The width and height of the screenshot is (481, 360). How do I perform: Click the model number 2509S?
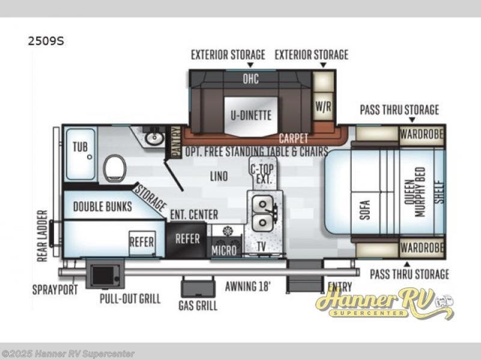pos(46,41)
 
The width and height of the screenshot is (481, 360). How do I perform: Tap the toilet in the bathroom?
pos(115,168)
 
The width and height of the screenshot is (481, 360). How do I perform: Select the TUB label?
pos(80,147)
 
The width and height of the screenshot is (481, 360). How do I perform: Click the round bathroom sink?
pos(154,138)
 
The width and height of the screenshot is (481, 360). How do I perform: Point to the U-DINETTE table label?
pos(251,115)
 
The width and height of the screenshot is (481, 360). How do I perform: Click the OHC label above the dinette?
pos(251,79)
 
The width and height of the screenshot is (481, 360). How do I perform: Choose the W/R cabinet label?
pos(323,107)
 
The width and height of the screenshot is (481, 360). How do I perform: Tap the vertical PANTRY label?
pos(176,142)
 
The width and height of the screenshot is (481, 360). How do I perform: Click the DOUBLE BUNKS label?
pos(103,206)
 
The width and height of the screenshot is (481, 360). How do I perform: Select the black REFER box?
pos(186,239)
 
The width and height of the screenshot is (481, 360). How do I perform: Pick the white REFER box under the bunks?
pos(142,243)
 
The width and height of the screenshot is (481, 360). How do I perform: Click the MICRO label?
pos(224,251)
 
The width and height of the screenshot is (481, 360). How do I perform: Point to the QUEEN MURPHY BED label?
pos(415,192)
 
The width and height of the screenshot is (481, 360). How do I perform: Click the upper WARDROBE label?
pos(422,134)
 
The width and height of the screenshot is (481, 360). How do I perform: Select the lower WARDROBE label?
pos(422,248)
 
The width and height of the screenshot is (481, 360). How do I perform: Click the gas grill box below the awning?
pos(198,287)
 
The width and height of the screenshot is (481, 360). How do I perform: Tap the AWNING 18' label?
pos(248,287)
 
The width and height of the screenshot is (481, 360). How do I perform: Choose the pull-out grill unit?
pos(105,274)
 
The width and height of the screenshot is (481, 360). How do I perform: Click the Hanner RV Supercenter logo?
pos(384,304)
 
